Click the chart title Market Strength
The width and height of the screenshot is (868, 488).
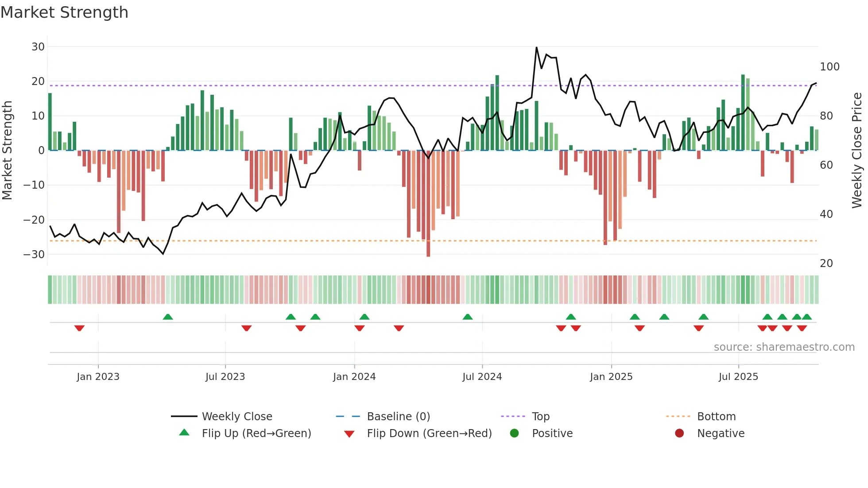pos(64,12)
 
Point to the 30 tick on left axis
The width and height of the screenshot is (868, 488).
pos(38,47)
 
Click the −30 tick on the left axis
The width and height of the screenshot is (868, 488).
pos(34,255)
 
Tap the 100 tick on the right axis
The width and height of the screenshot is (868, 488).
pos(829,67)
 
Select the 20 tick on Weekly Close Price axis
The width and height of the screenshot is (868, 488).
pos(826,263)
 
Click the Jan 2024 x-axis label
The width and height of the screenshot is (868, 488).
pos(354,377)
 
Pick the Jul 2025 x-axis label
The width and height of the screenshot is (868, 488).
pos(738,377)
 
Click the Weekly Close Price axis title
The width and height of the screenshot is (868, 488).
pos(857,151)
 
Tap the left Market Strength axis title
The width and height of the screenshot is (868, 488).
pos(8,151)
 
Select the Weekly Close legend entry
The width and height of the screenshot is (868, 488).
pos(236,417)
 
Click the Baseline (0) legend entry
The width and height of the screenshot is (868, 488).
pos(398,417)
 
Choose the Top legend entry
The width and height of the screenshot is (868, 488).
pos(540,417)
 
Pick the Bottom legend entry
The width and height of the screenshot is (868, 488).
pos(716,417)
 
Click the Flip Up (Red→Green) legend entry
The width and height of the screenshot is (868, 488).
pos(256,434)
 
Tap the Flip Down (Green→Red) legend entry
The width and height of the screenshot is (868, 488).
pos(429,434)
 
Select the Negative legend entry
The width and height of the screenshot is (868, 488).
pos(721,434)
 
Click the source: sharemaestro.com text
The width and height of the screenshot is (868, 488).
pos(784,347)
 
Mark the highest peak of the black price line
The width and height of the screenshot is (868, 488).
pos(536,47)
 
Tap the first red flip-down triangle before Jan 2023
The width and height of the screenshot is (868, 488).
pos(79,328)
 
